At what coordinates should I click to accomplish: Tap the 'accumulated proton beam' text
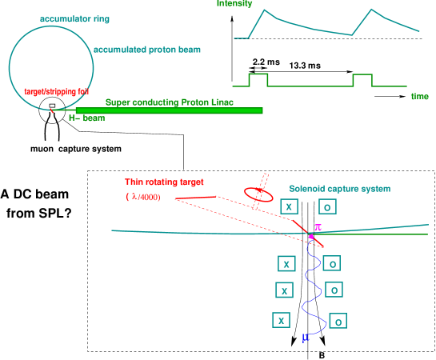pyautogui.click(x=146, y=50)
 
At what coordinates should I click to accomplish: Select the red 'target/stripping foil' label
pyautogui.click(x=55, y=91)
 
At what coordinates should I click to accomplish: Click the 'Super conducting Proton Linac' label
pyautogui.click(x=170, y=102)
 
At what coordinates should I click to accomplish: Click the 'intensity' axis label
pyautogui.click(x=234, y=4)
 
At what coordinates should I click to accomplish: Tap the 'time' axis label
pyautogui.click(x=419, y=96)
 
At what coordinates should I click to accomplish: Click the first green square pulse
pyautogui.click(x=258, y=78)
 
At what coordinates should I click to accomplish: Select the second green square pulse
pyautogui.click(x=362, y=78)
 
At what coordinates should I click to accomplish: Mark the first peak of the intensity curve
pyautogui.click(x=267, y=10)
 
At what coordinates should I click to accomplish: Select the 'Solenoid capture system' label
pyautogui.click(x=339, y=189)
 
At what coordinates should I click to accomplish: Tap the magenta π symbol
pyautogui.click(x=318, y=228)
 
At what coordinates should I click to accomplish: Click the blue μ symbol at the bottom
pyautogui.click(x=305, y=339)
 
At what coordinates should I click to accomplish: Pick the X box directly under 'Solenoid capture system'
pyautogui.click(x=290, y=206)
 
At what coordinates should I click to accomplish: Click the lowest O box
pyautogui.click(x=338, y=321)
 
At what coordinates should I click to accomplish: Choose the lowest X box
pyautogui.click(x=281, y=320)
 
